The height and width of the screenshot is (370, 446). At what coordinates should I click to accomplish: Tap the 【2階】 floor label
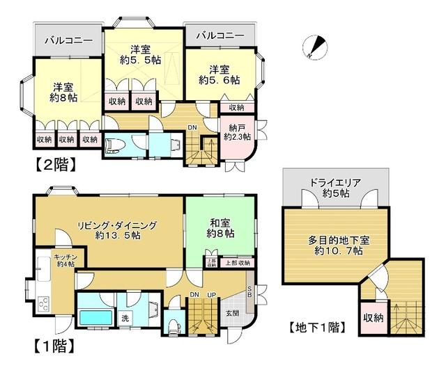(52, 166)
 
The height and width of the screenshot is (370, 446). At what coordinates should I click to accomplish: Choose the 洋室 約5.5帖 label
(146, 54)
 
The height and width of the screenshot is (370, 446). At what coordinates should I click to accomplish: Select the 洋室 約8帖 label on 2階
(63, 92)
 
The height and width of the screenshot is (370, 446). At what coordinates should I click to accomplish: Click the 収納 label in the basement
(373, 318)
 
